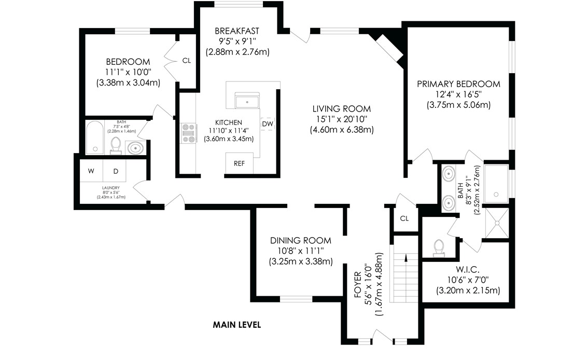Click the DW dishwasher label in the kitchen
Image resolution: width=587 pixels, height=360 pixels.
267,124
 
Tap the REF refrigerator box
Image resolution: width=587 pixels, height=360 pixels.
239,163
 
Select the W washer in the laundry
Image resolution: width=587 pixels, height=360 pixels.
91,171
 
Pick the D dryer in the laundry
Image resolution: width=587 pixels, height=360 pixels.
116,171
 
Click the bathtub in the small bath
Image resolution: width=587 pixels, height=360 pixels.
95,138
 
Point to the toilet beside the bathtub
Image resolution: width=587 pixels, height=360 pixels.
116,145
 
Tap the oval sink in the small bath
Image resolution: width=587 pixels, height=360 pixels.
135,148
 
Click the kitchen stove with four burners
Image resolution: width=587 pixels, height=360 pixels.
187,133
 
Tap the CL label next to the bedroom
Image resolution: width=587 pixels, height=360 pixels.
186,61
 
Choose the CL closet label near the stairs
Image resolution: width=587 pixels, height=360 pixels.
404,218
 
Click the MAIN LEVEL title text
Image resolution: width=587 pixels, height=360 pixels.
236,325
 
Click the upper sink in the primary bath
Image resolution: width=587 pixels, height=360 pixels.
448,173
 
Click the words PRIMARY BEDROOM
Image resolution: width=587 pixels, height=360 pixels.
458,84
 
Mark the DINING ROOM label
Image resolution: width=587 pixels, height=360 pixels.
300,241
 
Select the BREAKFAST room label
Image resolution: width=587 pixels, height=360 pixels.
237,31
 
